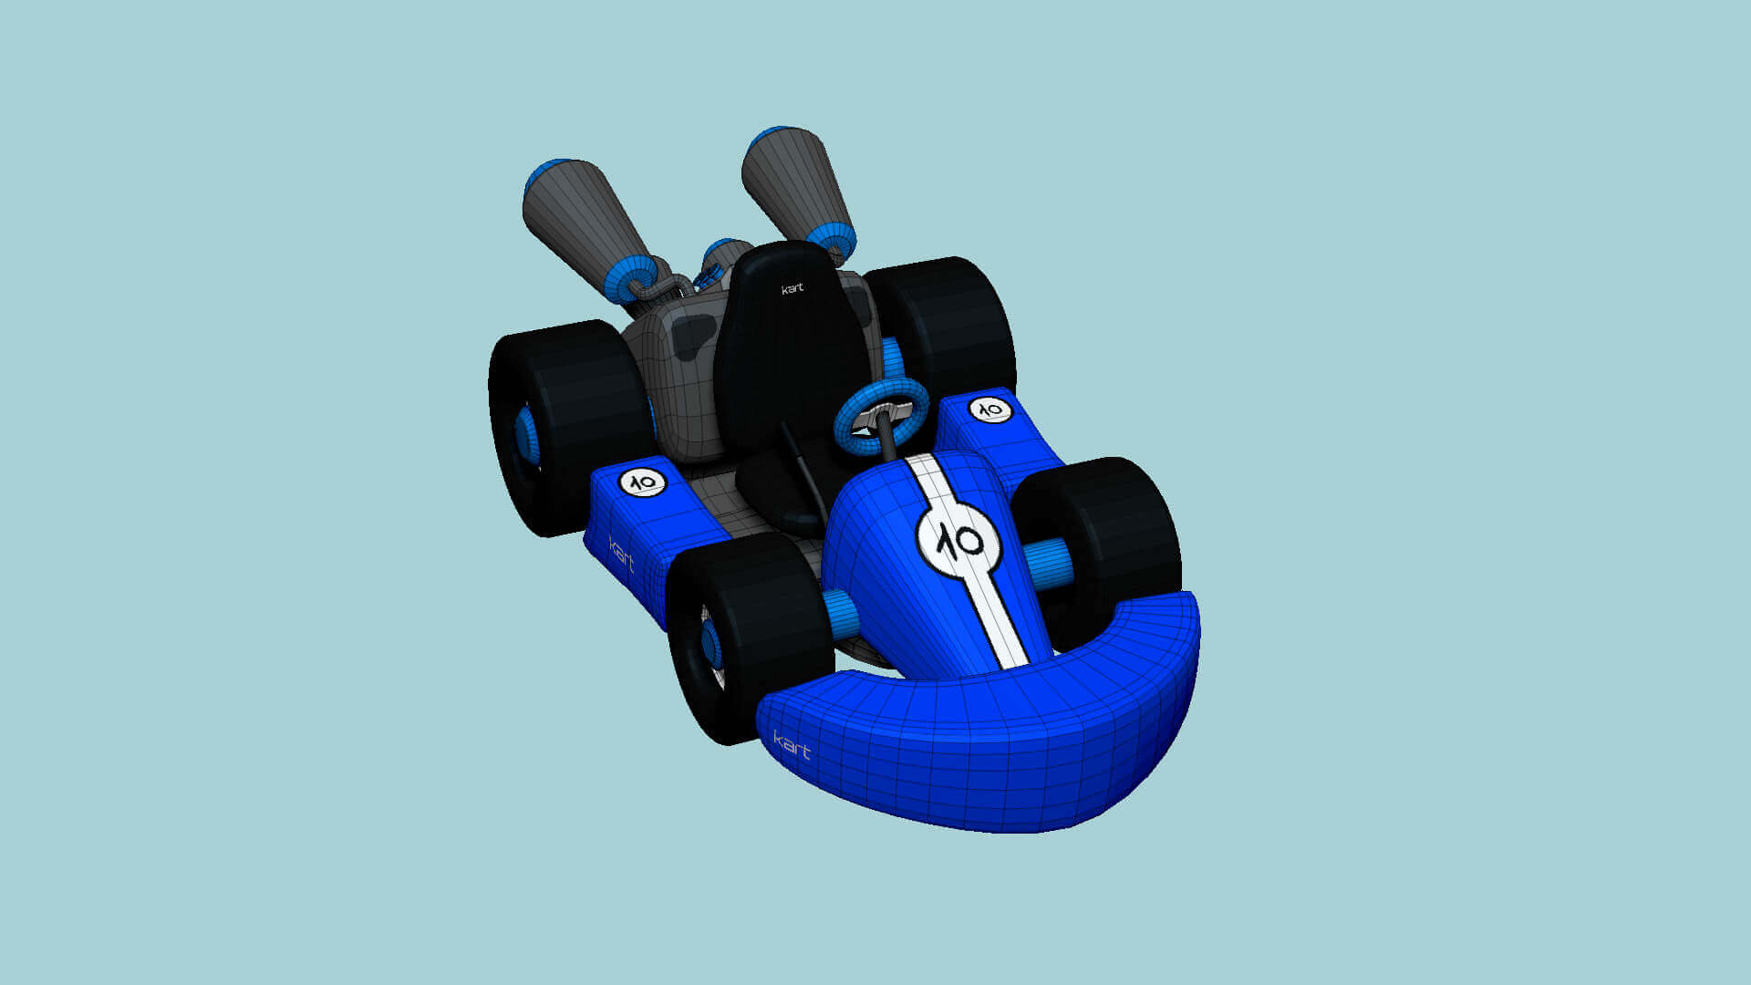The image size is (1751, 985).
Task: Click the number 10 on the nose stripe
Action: (x=958, y=541)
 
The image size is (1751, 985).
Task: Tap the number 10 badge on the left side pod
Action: (x=643, y=482)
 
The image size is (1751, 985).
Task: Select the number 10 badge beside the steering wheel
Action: (x=989, y=410)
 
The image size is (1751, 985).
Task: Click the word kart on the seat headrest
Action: (x=793, y=289)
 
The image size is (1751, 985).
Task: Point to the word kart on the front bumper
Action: (x=792, y=745)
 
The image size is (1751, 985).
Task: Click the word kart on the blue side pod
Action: (x=621, y=553)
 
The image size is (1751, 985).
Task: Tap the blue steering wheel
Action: (x=881, y=415)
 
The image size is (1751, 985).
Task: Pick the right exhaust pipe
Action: (x=793, y=182)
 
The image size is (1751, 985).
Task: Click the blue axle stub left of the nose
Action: (x=840, y=614)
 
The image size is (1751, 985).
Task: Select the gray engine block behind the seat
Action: (x=675, y=374)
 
